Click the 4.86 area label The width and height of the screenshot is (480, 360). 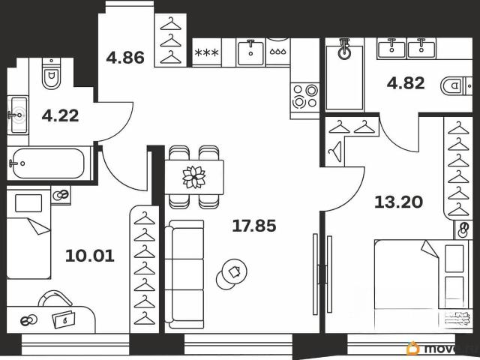tap(125, 58)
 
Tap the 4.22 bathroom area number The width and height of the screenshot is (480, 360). tap(60, 115)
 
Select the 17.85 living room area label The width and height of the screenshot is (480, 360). tap(254, 226)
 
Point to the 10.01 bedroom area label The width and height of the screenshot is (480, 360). tap(90, 256)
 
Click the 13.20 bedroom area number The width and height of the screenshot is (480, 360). tap(398, 202)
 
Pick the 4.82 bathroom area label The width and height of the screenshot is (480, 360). tap(406, 83)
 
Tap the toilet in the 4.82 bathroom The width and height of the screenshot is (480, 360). tap(456, 86)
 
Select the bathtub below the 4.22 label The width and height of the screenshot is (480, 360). tap(48, 163)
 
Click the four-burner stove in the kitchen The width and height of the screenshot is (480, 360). tap(304, 97)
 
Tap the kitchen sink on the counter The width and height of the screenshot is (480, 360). tap(250, 52)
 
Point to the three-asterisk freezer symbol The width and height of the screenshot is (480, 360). tap(207, 52)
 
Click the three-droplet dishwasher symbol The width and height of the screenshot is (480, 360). tap(278, 52)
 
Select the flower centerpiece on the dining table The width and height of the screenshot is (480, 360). tap(194, 177)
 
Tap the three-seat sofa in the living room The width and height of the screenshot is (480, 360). tap(184, 274)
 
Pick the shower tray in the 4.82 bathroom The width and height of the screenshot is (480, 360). tap(344, 76)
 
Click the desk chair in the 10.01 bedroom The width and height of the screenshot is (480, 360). tap(55, 298)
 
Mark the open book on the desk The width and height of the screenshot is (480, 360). tap(64, 319)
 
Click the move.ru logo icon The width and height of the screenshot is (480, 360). tap(413, 348)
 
